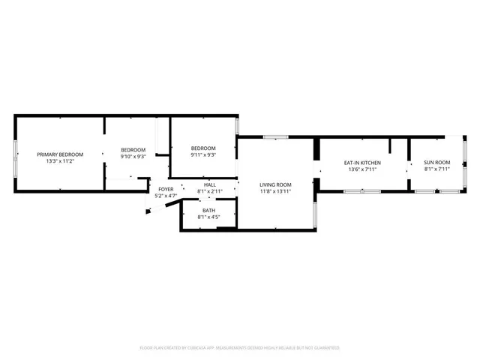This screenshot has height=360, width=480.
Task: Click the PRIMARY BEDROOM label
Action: [x=61, y=154]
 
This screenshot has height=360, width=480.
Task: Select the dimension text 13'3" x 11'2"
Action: [x=61, y=161]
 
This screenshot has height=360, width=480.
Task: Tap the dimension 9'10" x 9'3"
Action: [x=133, y=157]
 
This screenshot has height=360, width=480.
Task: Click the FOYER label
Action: [x=165, y=189]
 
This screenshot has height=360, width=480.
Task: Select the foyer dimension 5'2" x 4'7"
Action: [x=165, y=196]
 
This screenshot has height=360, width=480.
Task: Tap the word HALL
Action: [x=210, y=184]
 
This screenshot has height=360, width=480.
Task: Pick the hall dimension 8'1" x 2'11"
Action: [x=210, y=191]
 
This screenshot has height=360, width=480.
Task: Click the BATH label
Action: [x=208, y=211]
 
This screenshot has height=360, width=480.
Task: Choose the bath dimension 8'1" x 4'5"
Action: [x=208, y=217]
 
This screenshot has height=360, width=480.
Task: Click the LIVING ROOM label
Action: [x=275, y=184]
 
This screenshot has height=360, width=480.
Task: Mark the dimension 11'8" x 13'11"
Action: [x=275, y=191]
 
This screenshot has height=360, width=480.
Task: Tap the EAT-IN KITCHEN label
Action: [x=362, y=163]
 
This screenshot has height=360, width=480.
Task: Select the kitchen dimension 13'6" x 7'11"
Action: [x=362, y=169]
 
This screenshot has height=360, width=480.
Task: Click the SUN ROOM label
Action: [x=436, y=163]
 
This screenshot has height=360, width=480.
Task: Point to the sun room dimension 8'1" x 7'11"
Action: [x=436, y=169]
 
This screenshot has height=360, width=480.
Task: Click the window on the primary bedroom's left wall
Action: [x=16, y=157]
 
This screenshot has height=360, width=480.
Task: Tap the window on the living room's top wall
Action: [x=275, y=137]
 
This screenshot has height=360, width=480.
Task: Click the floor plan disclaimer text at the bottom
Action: [x=240, y=348]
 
